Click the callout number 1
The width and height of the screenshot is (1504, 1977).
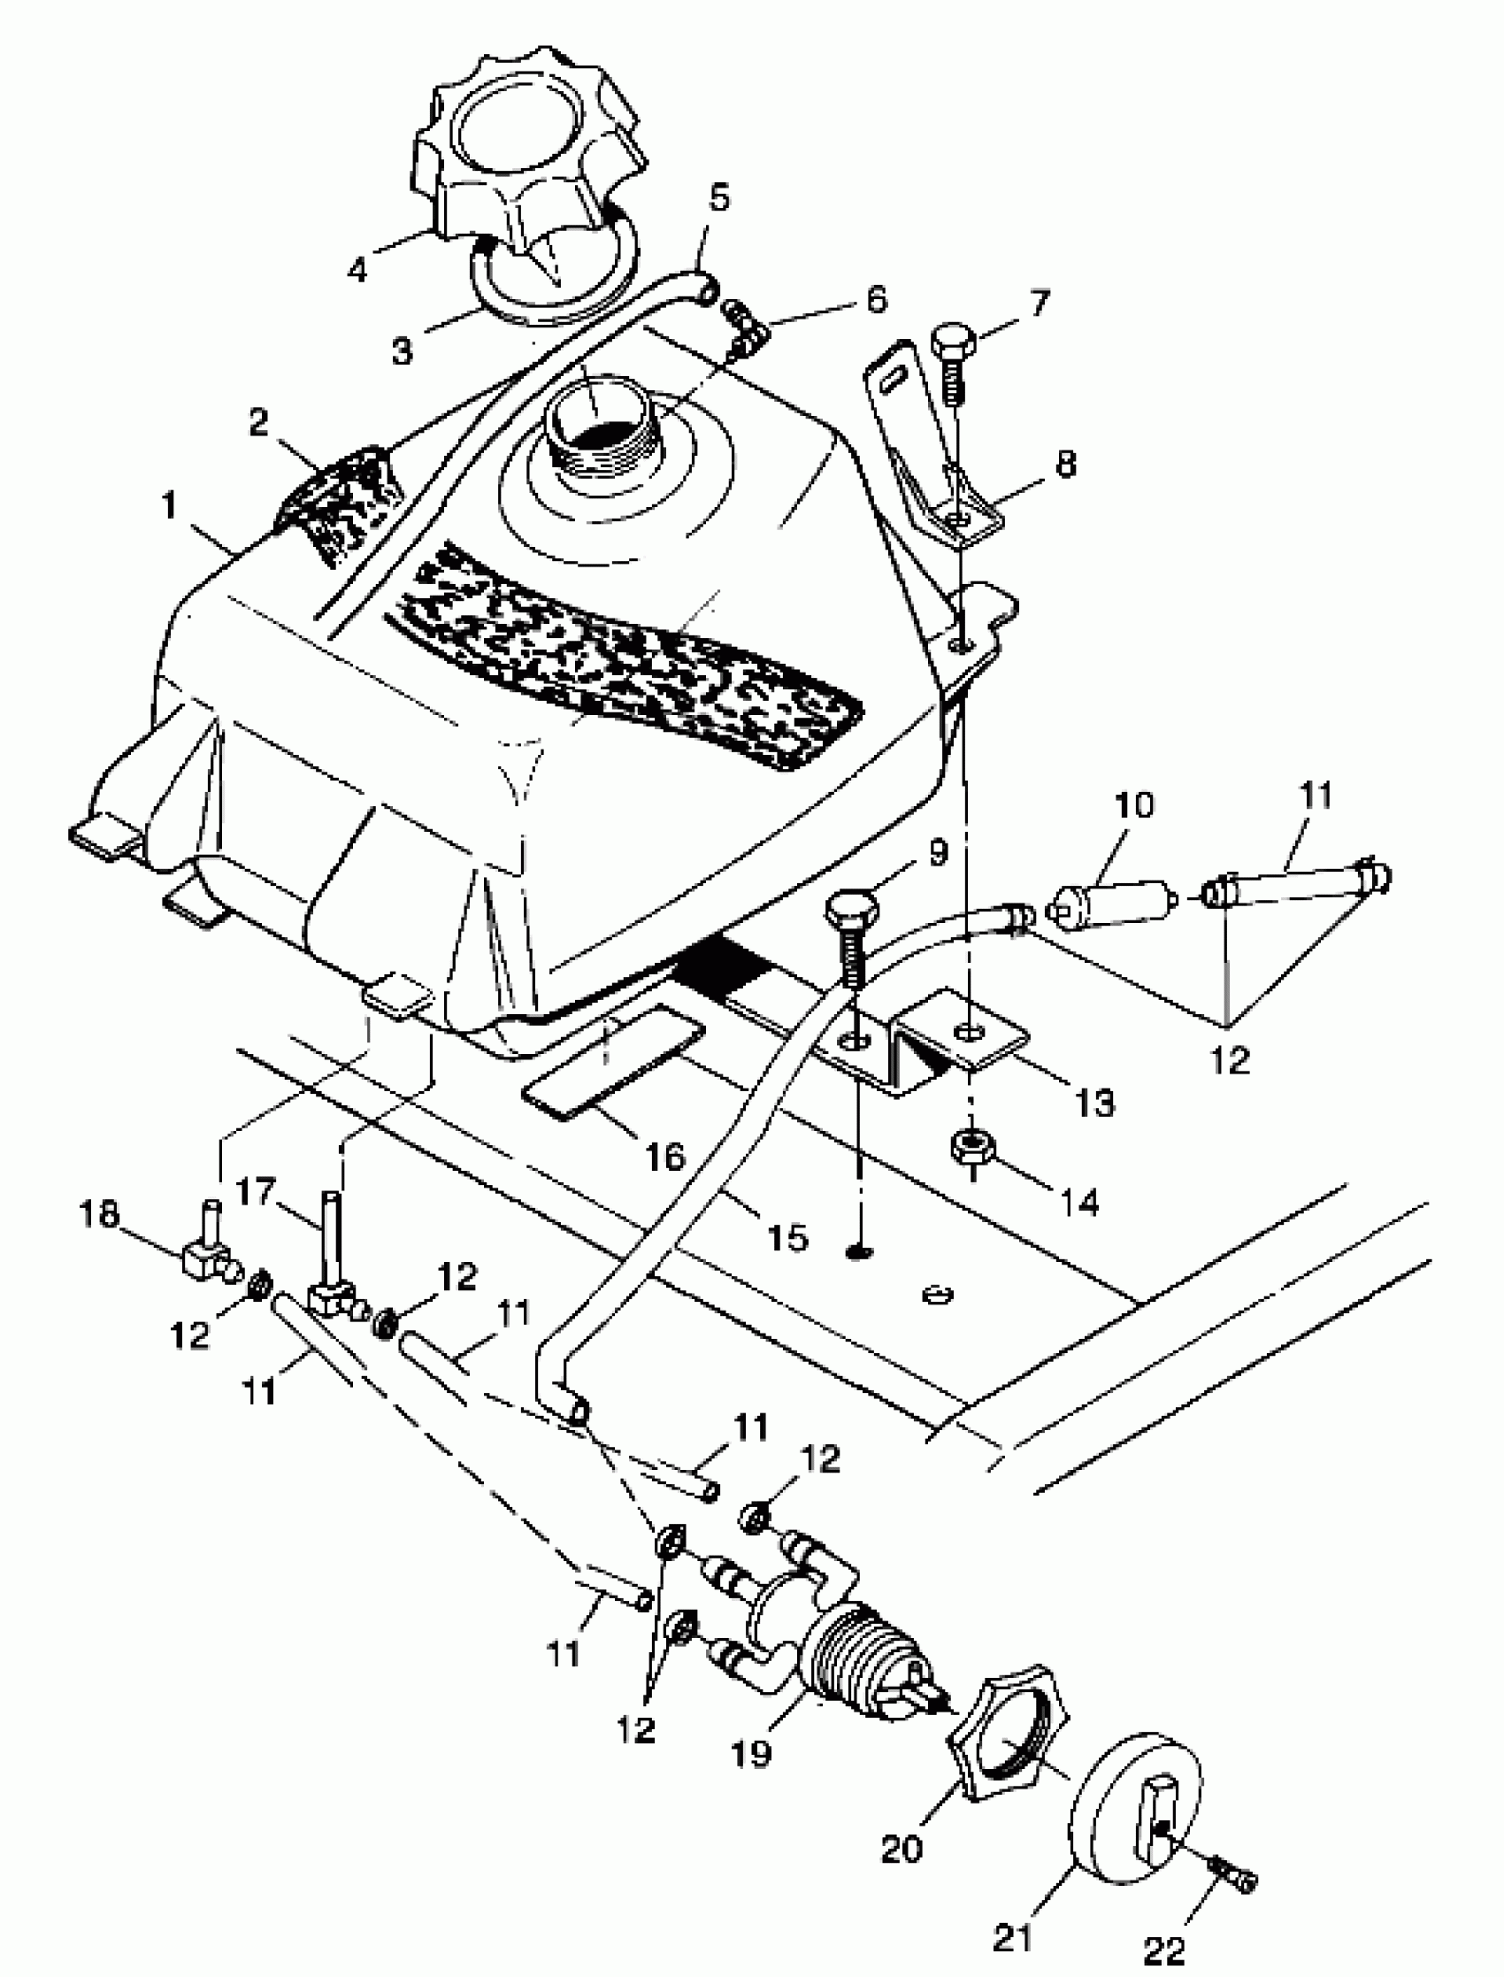pos(169,508)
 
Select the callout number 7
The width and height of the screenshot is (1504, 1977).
pos(1039,304)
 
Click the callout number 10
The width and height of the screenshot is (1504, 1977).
pos(1135,805)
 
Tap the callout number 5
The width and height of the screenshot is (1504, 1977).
pos(720,196)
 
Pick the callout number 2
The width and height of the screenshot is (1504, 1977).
pos(258,422)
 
